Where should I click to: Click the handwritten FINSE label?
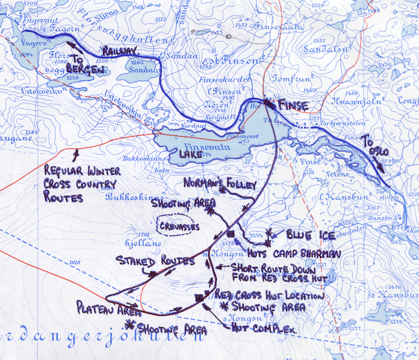[x=293, y=106]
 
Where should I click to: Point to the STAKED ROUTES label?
[x=155, y=261]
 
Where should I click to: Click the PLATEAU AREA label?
[x=109, y=310]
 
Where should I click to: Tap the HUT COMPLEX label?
[x=262, y=329]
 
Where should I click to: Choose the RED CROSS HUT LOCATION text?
[x=269, y=296]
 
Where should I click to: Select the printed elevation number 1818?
[x=75, y=262]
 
